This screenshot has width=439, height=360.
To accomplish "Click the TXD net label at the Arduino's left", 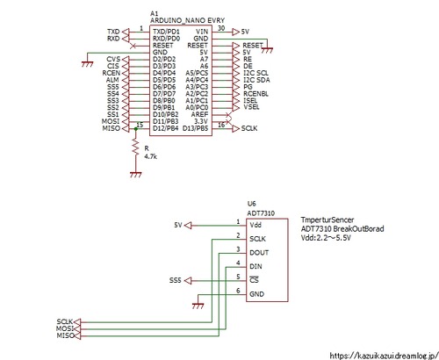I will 113,32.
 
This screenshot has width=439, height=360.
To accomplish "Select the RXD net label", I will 113,39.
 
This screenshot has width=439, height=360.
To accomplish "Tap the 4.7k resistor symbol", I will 135,149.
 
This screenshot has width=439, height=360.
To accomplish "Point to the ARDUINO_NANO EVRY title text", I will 187,20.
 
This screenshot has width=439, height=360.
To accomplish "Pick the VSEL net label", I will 251,107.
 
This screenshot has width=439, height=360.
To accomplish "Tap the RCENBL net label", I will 255,93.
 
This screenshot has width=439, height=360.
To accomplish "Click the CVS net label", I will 112,60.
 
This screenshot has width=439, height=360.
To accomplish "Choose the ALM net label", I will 112,80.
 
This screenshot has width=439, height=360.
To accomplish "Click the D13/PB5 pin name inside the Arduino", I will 196,128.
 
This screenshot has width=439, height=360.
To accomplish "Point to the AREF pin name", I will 200,114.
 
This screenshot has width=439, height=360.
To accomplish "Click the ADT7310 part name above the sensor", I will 261,212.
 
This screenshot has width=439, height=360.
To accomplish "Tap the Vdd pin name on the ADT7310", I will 257,225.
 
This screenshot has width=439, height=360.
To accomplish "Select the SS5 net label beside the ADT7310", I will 176,280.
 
